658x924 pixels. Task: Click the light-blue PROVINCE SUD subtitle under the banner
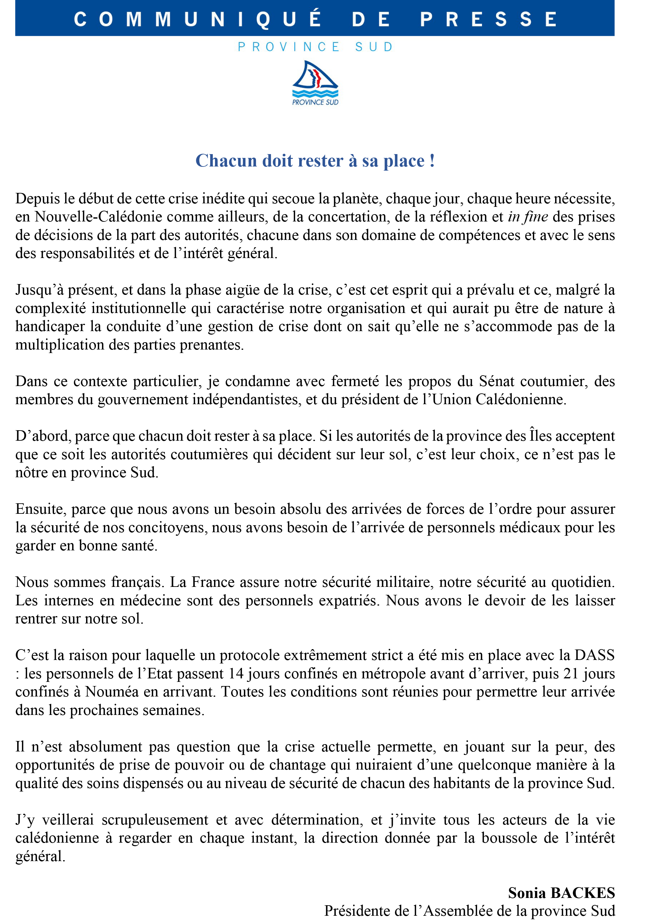[x=315, y=47]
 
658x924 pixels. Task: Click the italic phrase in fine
[x=528, y=217]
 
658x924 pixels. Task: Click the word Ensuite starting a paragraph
[x=41, y=509]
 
